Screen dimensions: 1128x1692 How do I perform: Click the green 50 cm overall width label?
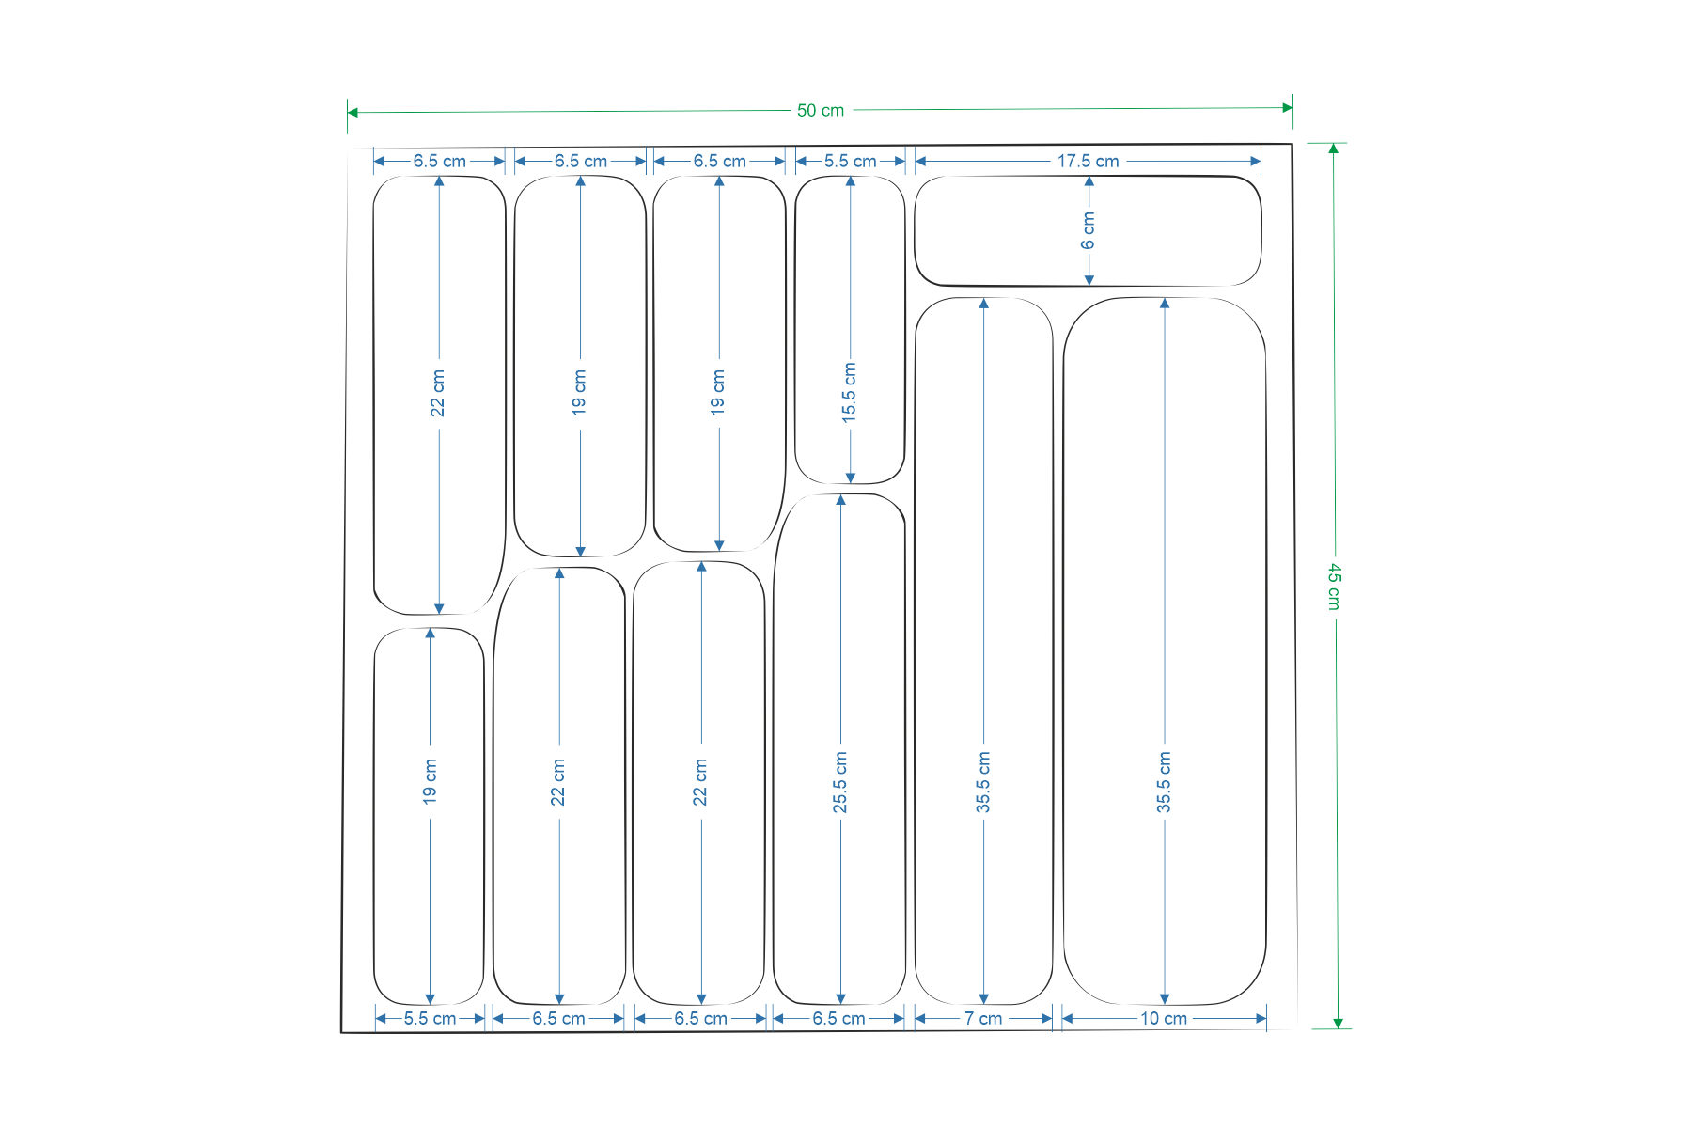pos(821,111)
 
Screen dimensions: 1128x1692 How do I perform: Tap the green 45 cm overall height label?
pos(1334,587)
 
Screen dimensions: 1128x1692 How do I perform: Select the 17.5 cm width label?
pos(1088,162)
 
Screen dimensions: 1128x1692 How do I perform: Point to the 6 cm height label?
pos(1089,230)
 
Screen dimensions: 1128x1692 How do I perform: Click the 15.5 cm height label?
pos(850,392)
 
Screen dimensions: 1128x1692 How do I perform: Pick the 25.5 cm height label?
pos(840,782)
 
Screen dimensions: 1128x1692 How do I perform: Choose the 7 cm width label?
pos(982,1019)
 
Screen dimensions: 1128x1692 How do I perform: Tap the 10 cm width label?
pos(1164,1019)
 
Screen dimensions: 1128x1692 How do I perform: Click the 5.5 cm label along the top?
pos(850,162)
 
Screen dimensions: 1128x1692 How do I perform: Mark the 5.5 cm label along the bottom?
pos(430,1019)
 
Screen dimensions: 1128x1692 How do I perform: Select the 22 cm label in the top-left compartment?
pos(438,393)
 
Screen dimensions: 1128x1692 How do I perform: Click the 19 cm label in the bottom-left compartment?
pos(431,782)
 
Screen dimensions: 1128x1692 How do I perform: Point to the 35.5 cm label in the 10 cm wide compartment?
pos(1164,782)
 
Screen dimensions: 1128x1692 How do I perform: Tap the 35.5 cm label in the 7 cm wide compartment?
pos(983,782)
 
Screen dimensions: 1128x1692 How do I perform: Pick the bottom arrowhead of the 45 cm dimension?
pos(1338,1023)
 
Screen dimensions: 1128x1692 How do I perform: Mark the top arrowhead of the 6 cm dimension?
pos(1089,181)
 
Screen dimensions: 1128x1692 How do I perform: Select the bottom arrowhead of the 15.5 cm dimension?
pos(850,478)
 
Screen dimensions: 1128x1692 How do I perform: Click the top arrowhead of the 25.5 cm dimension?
pos(840,500)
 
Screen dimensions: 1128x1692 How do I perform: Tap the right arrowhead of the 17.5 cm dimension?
pos(1255,162)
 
